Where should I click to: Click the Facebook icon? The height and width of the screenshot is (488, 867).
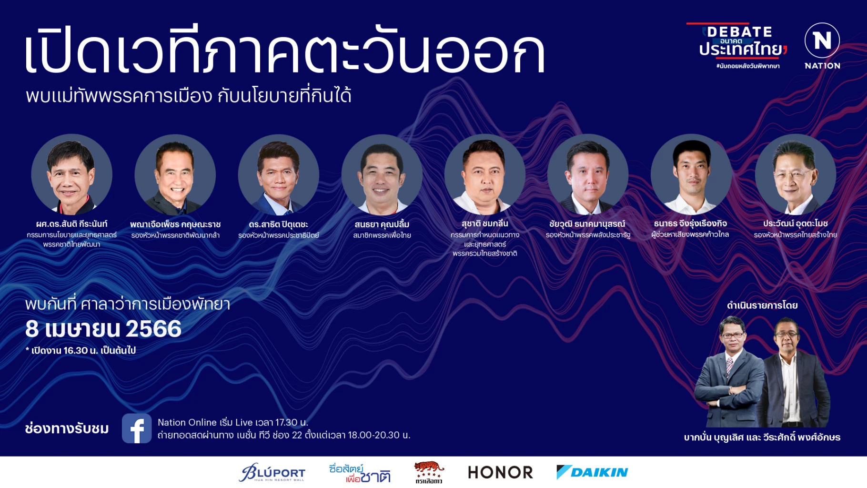(x=137, y=428)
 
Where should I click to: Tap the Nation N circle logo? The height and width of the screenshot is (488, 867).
(x=822, y=41)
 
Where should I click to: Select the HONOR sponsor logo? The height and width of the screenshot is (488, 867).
(x=500, y=472)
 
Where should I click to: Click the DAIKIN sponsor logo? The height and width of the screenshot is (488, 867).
(x=592, y=472)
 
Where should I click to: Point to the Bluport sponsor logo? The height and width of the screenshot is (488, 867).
(x=272, y=472)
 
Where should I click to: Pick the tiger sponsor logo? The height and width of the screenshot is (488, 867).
(x=429, y=472)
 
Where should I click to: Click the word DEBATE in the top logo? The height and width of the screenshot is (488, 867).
(x=739, y=32)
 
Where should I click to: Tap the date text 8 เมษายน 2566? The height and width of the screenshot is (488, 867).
(x=103, y=329)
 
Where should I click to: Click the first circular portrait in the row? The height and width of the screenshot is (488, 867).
(x=72, y=174)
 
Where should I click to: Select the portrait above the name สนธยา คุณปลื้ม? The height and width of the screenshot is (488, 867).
(x=382, y=174)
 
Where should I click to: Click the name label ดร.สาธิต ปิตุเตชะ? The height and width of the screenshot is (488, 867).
(x=278, y=224)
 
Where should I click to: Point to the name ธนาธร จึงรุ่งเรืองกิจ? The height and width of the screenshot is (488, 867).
(x=690, y=224)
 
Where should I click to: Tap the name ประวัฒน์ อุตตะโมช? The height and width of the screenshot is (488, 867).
(x=795, y=224)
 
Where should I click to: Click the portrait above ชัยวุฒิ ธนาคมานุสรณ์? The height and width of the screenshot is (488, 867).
(x=588, y=174)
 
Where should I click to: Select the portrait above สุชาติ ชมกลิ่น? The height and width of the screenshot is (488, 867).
(x=484, y=174)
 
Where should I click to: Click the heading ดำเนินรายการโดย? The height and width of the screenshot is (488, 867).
(x=762, y=305)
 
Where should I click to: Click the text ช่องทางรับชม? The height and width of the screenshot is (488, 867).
(x=67, y=428)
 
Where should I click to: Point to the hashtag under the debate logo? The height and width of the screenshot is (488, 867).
(x=747, y=66)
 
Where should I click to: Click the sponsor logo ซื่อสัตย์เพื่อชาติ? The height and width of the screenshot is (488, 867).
(x=360, y=473)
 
